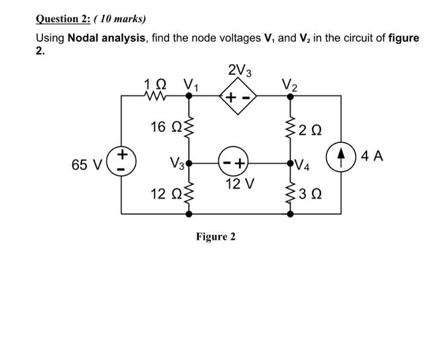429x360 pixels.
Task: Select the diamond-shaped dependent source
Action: coord(238,97)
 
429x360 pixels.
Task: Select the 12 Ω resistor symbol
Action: coord(188,195)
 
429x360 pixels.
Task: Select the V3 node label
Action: coord(177,164)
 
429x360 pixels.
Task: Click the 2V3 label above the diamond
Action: coord(238,71)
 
